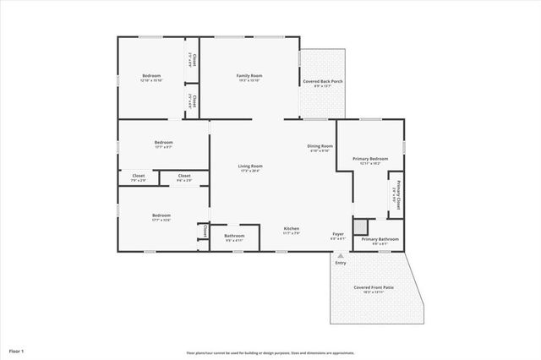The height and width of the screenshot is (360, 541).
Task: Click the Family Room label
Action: [249, 76]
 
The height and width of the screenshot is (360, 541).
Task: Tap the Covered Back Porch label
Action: [322, 81]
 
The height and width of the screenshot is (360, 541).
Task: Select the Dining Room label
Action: [320, 146]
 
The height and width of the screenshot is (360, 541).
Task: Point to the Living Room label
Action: [250, 166]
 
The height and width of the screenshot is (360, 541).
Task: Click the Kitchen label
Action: [292, 229]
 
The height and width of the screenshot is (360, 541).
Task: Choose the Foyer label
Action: [336, 234]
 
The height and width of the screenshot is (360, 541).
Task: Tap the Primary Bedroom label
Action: [370, 159]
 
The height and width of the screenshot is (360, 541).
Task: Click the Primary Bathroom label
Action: [380, 239]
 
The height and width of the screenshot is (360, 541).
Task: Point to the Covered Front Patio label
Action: [373, 287]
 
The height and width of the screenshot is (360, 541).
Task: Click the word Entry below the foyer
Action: [341, 263]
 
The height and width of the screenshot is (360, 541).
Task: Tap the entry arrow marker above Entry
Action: [341, 255]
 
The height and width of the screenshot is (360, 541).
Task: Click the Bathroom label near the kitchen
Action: [234, 235]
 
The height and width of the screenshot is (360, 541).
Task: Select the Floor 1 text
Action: [17, 350]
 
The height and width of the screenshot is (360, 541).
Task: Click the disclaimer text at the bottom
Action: [270, 352]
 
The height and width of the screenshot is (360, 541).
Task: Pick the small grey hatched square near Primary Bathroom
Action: [361, 226]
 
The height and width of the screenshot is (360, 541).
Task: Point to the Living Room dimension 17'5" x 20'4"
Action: [250, 171]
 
